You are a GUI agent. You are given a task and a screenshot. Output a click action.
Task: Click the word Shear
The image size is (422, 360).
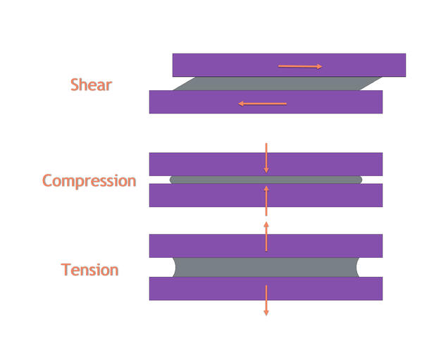pyautogui.click(x=91, y=85)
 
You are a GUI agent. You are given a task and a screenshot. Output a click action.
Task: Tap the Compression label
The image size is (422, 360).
pyautogui.click(x=89, y=181)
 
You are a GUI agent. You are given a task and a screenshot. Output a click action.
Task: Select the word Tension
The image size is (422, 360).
pyautogui.click(x=89, y=270)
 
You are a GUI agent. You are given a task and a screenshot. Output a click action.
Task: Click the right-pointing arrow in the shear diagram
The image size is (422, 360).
pyautogui.click(x=300, y=66)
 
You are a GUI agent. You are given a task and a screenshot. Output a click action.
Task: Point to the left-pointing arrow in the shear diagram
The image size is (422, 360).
pyautogui.click(x=262, y=104)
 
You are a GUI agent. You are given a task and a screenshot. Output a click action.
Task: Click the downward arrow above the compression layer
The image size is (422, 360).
pyautogui.click(x=266, y=158)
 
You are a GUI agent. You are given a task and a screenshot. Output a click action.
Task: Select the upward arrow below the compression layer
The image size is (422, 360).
pyautogui.click(x=266, y=201)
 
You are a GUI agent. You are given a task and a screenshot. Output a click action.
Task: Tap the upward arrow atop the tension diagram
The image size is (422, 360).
pyautogui.click(x=266, y=237)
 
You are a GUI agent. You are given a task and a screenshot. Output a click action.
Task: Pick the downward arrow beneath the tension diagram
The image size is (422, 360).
pyautogui.click(x=266, y=300)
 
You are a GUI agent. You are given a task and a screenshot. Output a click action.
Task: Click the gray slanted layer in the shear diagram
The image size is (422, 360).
pyautogui.click(x=277, y=83)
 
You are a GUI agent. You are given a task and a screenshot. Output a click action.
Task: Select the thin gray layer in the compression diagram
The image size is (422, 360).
pyautogui.click(x=266, y=180)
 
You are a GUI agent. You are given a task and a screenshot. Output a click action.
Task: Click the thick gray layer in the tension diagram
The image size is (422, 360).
pyautogui.click(x=266, y=267)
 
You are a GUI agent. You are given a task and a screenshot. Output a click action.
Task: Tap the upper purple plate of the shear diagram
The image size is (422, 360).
pyautogui.click(x=289, y=65)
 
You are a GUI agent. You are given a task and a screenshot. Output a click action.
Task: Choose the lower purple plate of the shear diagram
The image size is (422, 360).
pyautogui.click(x=266, y=102)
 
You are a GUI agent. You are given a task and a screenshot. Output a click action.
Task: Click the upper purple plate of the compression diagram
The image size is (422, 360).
pyautogui.click(x=266, y=164)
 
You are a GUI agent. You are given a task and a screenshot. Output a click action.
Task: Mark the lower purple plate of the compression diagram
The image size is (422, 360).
pyautogui.click(x=266, y=195)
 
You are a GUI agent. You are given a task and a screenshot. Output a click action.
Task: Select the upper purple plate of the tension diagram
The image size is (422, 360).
pyautogui.click(x=266, y=246)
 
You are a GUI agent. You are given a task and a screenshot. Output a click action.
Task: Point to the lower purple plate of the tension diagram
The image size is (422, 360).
pyautogui.click(x=266, y=289)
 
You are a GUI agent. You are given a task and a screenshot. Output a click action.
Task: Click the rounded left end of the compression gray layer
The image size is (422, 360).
pyautogui.click(x=172, y=180)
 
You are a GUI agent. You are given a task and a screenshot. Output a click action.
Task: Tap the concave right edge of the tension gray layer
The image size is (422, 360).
pyautogui.click(x=357, y=267)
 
